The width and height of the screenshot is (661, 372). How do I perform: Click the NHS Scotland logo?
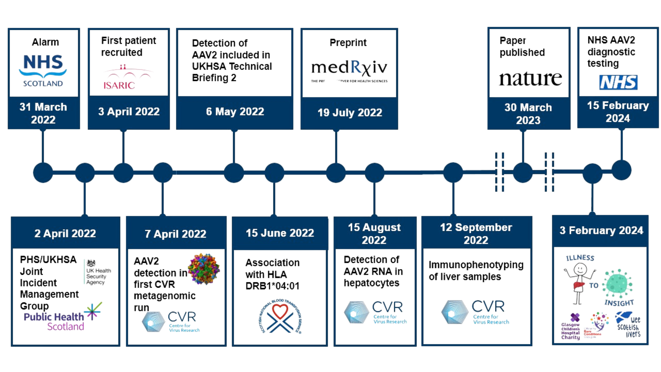point(43,70)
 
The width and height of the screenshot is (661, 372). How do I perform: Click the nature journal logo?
point(530,78)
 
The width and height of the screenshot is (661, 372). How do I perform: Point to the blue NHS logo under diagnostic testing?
point(618,82)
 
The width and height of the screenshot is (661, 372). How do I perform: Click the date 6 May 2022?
point(235,112)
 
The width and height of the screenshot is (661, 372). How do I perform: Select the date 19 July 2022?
point(349,113)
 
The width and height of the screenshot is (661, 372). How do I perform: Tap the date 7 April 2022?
point(176,234)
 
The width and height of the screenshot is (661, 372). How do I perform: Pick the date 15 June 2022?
point(280,233)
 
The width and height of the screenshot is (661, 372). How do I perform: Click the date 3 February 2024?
point(601,230)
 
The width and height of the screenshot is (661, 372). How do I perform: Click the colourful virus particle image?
point(204,269)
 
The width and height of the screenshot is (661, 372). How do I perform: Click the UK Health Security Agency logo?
point(97,273)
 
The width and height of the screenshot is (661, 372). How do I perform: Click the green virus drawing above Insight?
point(619,283)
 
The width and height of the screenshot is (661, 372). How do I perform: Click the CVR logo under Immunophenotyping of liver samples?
point(475,312)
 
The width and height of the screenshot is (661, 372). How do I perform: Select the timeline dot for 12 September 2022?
point(453,173)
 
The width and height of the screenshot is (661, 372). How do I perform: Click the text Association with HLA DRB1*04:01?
point(272,274)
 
